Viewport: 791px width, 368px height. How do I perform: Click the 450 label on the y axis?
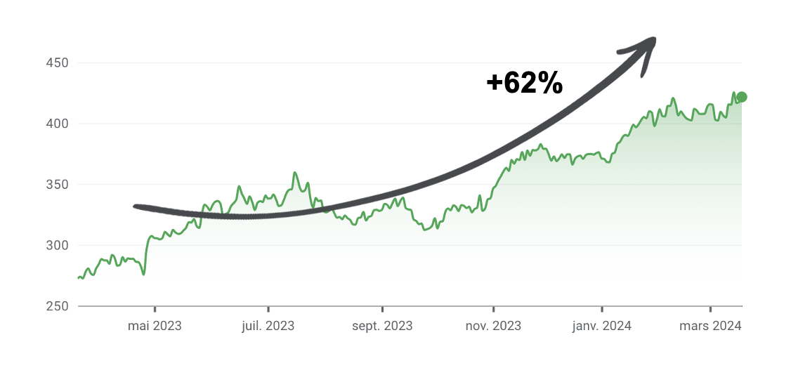56,63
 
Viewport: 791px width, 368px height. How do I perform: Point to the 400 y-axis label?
56,124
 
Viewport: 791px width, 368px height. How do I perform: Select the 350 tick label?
56,185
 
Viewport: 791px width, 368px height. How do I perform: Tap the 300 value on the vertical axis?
56,245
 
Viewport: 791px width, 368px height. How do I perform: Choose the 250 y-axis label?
56,306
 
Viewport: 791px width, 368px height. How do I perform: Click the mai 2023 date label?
155,326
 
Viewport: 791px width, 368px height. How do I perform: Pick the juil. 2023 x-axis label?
268,326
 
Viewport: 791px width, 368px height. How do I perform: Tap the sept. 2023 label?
382,326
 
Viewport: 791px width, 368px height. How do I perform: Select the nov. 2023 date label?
493,326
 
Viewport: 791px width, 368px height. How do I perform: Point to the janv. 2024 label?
602,326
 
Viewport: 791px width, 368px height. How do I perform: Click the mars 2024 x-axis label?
711,326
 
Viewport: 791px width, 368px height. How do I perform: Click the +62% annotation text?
524,83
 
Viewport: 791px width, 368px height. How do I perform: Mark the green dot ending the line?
741,97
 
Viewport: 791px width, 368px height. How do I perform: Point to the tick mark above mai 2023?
155,309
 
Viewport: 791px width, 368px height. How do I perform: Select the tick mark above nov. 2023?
493,309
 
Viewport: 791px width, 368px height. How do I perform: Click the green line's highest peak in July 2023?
294,173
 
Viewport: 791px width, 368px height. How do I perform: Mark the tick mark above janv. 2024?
602,309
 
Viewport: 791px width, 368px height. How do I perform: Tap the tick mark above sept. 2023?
382,309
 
